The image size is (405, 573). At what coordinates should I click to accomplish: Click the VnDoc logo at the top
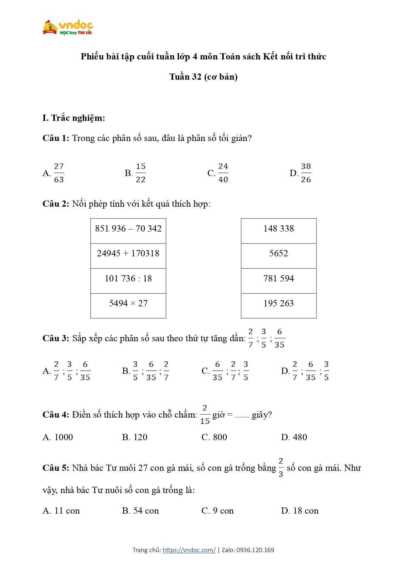click(x=68, y=27)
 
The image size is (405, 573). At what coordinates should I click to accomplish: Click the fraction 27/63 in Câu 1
click(x=59, y=173)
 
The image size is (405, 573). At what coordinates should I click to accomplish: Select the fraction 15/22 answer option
click(x=141, y=173)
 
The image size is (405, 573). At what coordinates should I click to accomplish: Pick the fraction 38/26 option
click(x=306, y=173)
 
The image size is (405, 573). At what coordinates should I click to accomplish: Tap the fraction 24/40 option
click(x=223, y=173)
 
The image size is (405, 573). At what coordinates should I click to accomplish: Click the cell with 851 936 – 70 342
click(x=128, y=229)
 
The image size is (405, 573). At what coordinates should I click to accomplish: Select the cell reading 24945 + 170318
click(x=128, y=253)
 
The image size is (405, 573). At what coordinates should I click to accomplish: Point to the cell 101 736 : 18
click(x=128, y=279)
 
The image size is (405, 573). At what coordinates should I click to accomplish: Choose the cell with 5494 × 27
click(x=128, y=303)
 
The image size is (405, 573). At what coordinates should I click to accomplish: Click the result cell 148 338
click(x=279, y=229)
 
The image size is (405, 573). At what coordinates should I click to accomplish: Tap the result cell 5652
click(x=279, y=253)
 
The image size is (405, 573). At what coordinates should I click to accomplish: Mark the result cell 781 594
click(x=279, y=279)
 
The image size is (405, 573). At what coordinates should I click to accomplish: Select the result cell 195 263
click(x=279, y=303)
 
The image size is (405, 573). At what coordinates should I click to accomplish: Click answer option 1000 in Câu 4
click(x=63, y=437)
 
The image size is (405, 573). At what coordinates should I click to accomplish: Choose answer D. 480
click(x=300, y=437)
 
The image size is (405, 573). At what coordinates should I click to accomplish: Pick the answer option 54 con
click(x=146, y=511)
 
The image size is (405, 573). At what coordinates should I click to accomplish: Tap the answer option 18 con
click(x=305, y=511)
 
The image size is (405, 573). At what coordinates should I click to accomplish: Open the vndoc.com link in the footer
click(x=189, y=550)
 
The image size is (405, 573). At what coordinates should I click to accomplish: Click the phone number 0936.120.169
click(x=255, y=550)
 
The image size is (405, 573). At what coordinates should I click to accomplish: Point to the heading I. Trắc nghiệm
click(x=74, y=118)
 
